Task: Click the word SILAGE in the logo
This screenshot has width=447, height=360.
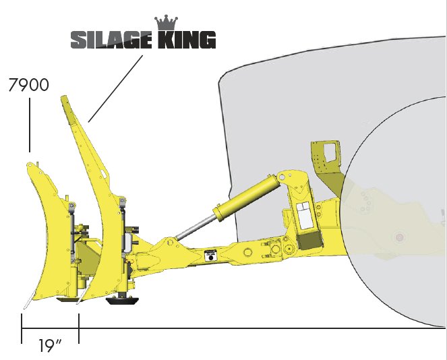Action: coord(111,40)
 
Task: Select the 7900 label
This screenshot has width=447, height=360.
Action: coord(29,86)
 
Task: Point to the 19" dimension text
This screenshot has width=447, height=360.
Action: coord(50,346)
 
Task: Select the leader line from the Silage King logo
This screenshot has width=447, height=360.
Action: coord(116,88)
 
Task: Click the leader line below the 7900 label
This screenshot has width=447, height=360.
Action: coord(29,125)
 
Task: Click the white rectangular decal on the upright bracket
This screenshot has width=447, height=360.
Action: coord(303,215)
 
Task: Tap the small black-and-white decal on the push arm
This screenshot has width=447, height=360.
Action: coord(209,255)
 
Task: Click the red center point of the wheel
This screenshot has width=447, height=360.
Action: coord(399,237)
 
